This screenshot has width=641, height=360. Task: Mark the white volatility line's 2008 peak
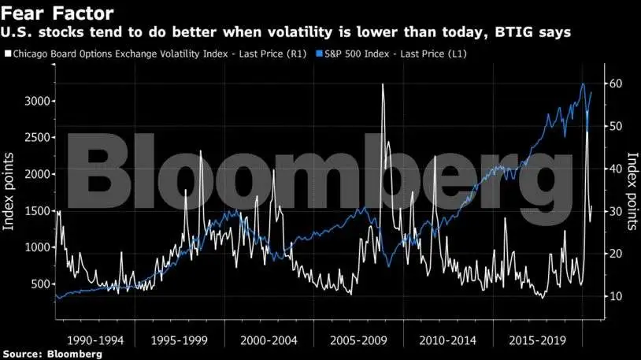click(383, 84)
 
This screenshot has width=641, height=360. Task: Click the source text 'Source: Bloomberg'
click(51, 354)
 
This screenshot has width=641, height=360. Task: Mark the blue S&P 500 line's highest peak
click(583, 84)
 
